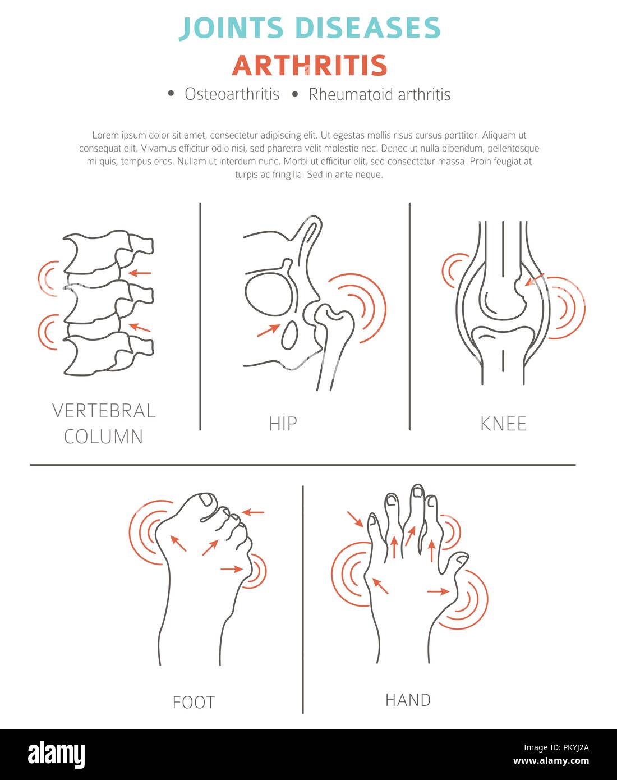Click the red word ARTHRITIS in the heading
(x=310, y=66)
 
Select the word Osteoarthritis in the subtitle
(x=232, y=94)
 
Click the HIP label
(x=283, y=424)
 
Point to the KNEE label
(x=503, y=424)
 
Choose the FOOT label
(x=194, y=703)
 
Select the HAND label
(x=408, y=700)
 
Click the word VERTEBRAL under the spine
(x=104, y=411)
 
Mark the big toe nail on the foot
(x=207, y=500)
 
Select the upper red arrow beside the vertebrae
(x=140, y=273)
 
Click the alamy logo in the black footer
(x=56, y=755)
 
